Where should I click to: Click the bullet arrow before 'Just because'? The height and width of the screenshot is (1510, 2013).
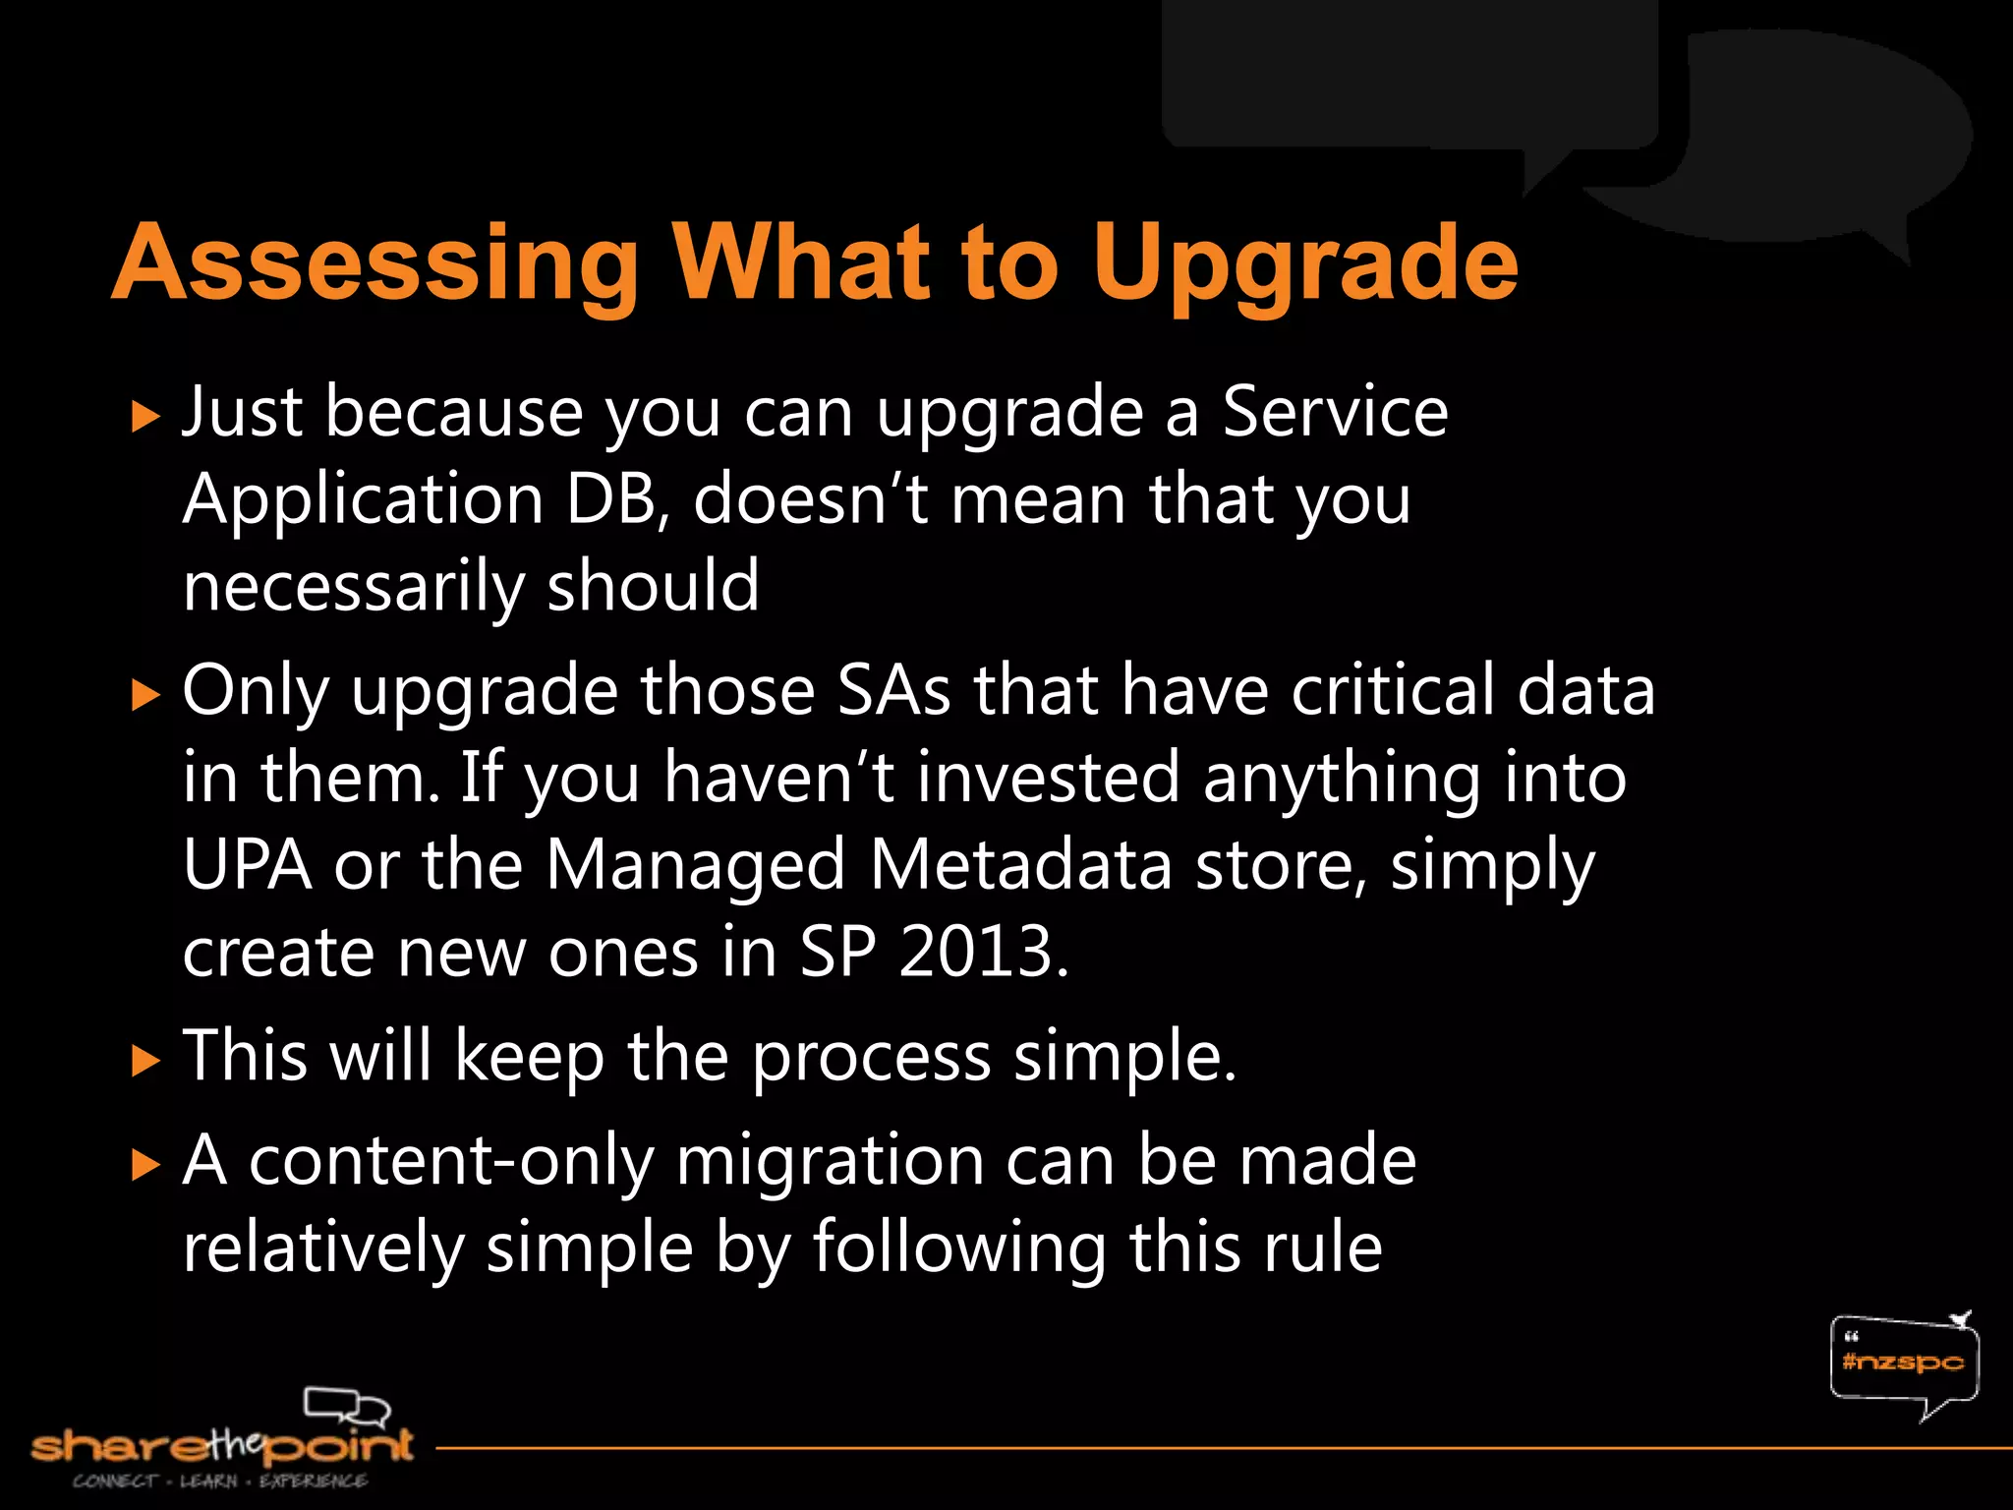point(144,417)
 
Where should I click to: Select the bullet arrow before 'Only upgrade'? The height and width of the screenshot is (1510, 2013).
point(144,695)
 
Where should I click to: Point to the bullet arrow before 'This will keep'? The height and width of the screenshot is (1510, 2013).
point(144,1062)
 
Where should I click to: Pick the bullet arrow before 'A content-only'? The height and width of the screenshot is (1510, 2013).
point(144,1166)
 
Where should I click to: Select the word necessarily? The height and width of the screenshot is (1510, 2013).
point(354,587)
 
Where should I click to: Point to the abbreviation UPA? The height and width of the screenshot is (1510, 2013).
point(248,865)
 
